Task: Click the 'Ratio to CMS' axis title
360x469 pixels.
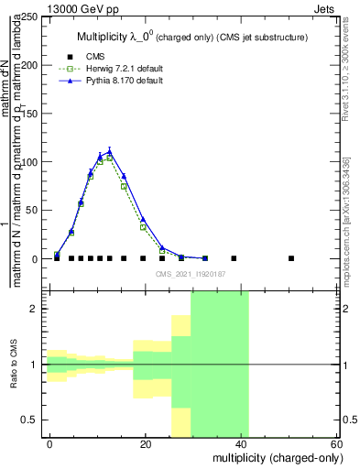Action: pos(15,364)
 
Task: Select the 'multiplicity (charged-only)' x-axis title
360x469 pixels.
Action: pos(275,457)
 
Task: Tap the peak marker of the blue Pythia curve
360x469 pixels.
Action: pos(110,151)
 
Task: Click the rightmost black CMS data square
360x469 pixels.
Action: pos(290,258)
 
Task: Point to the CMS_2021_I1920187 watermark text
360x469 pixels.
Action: pos(191,274)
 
